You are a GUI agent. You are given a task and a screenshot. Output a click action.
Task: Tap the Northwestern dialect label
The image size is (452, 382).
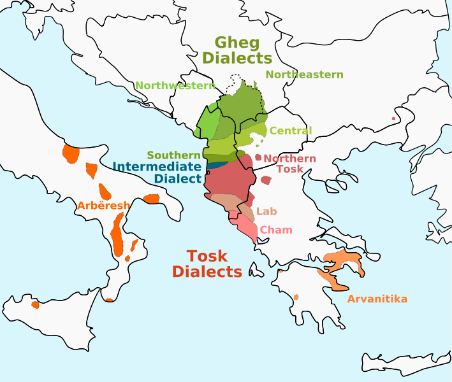point(175,85)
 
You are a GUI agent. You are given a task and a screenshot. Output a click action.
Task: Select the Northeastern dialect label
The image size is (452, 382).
point(304,74)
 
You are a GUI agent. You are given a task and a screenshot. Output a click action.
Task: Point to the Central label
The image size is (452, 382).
point(290,131)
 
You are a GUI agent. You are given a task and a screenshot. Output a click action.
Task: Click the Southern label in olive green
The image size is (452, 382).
point(174,155)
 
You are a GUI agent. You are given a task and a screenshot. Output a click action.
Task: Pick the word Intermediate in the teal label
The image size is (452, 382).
point(159,167)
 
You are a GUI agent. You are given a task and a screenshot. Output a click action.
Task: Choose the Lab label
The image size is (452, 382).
point(266,211)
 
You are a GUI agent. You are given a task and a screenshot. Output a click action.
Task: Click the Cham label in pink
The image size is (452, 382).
point(276,230)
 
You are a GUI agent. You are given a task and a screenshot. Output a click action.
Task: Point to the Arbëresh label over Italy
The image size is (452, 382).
point(103,206)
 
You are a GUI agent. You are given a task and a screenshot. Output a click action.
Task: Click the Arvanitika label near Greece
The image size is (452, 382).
point(377,299)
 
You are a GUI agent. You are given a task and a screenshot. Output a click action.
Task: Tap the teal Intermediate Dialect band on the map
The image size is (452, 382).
point(216,165)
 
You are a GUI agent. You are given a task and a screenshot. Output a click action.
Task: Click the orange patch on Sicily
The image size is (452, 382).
point(35,304)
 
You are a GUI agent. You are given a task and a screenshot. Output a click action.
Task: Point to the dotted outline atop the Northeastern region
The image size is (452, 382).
point(235,81)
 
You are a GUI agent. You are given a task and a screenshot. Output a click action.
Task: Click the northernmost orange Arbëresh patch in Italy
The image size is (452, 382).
point(70,153)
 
